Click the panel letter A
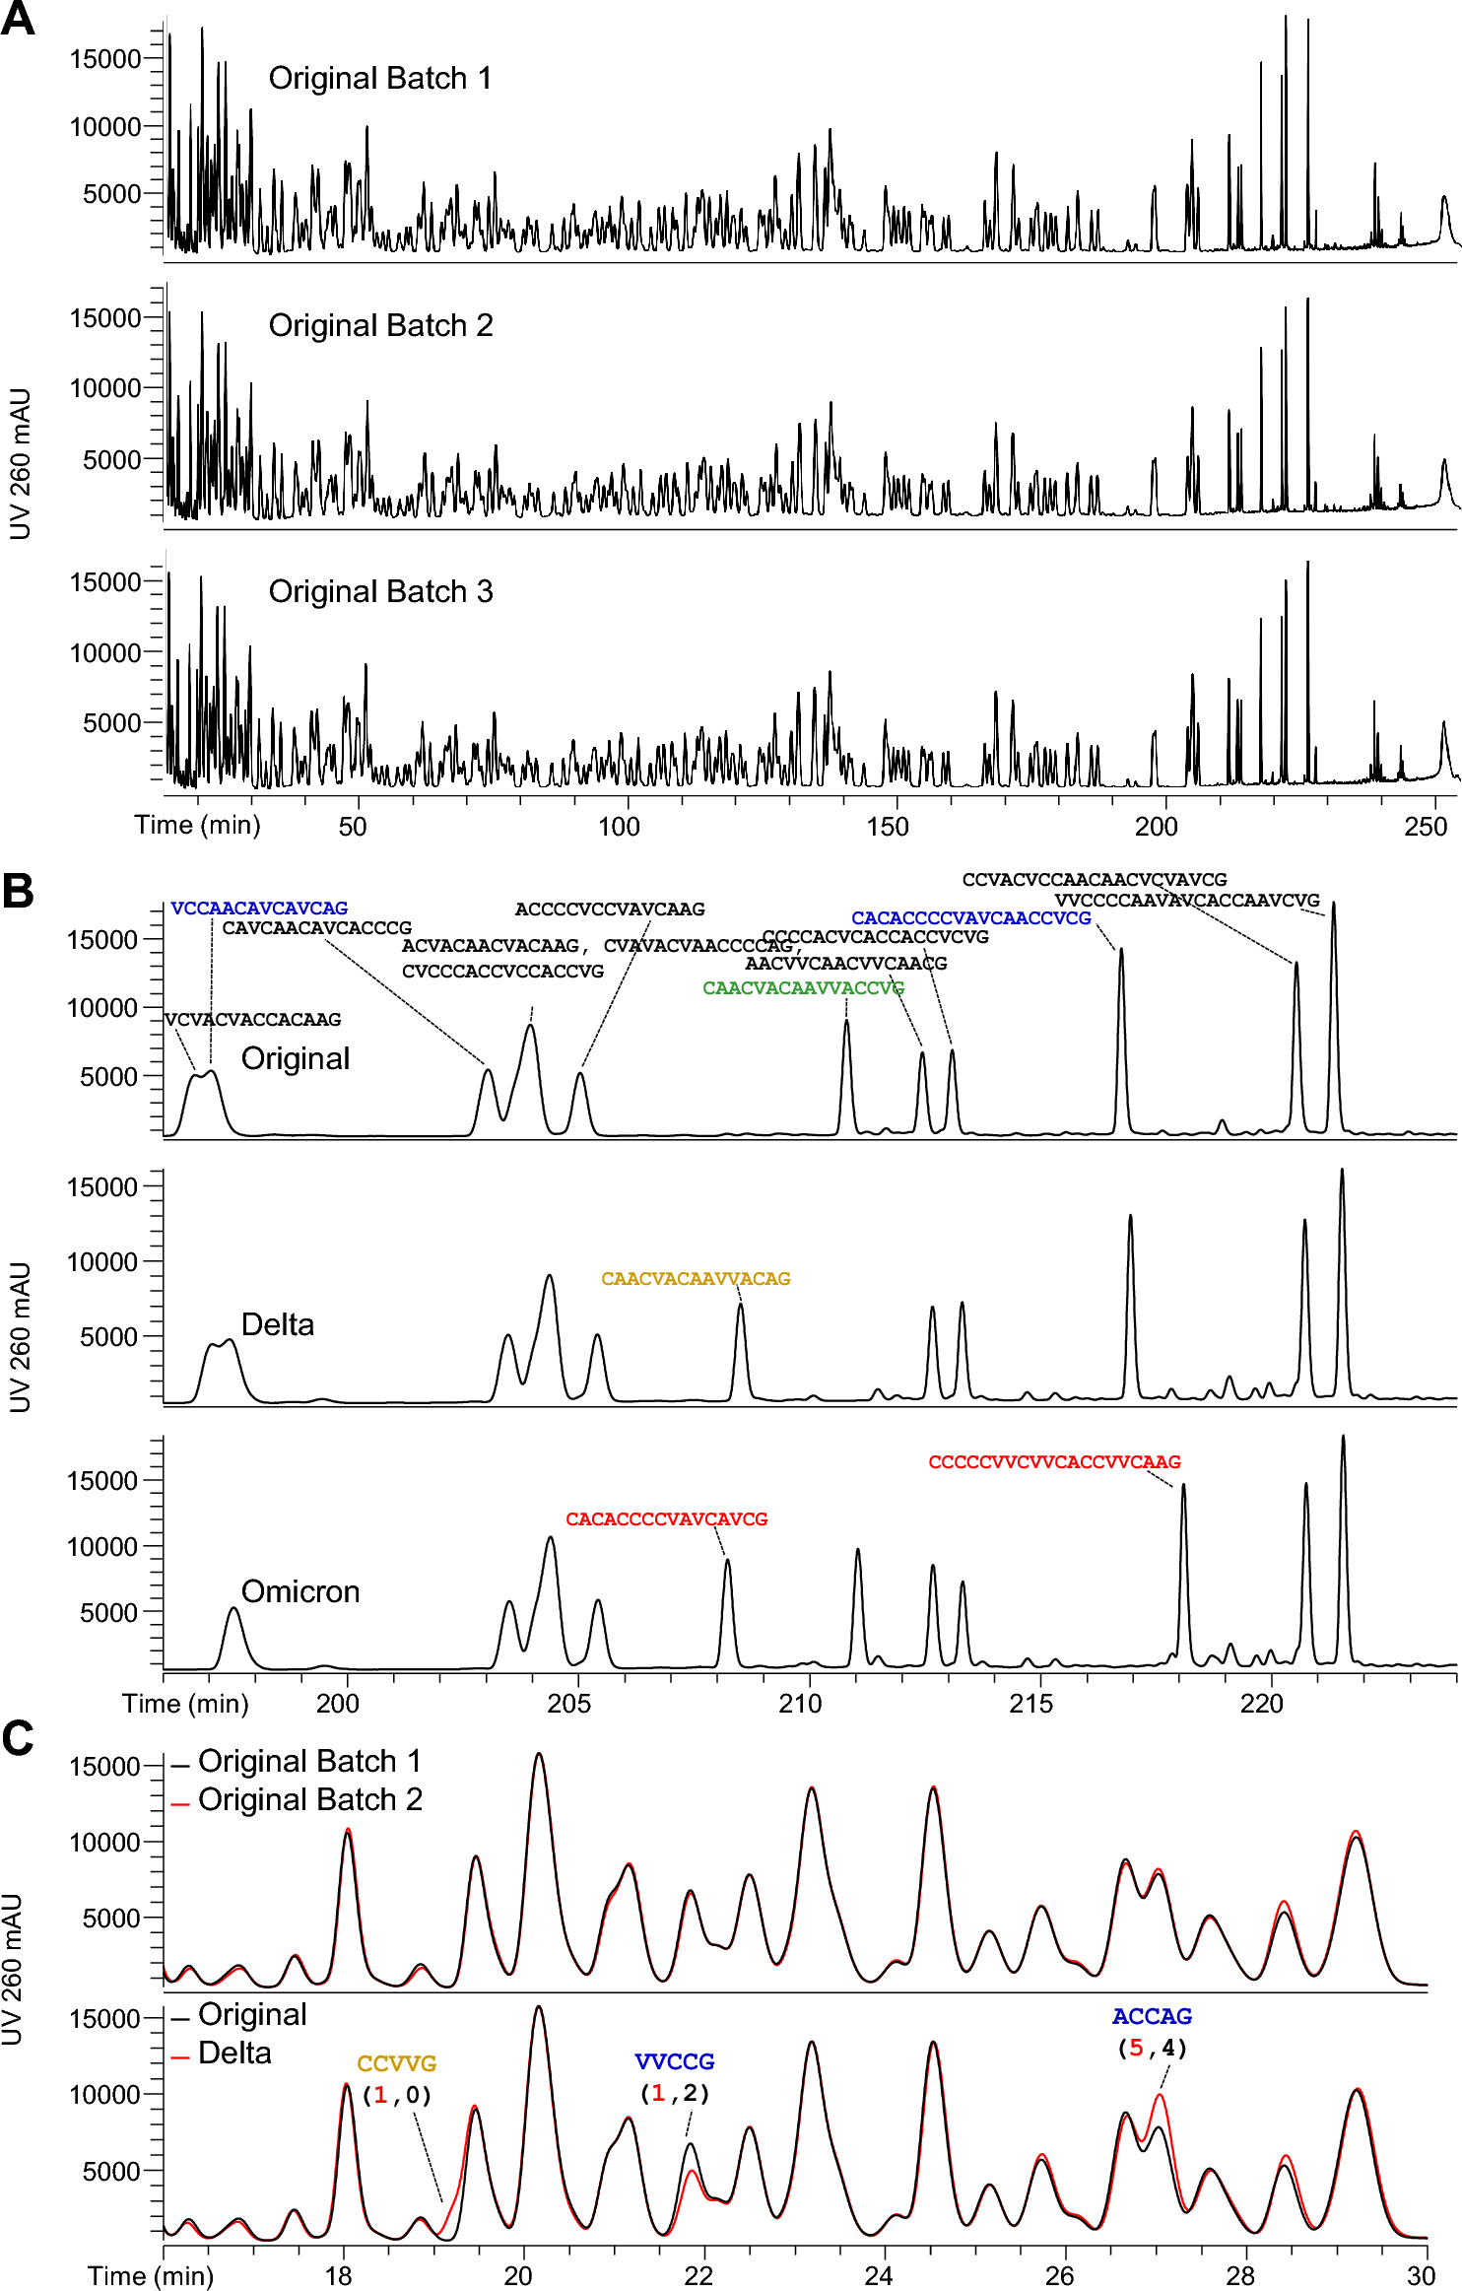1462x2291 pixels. coord(18,20)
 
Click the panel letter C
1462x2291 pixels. coord(18,1738)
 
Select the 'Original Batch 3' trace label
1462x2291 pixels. coord(380,591)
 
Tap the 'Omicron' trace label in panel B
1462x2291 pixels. coord(300,1591)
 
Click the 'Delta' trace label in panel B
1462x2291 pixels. coord(278,1324)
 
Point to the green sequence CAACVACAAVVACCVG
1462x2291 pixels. coord(803,987)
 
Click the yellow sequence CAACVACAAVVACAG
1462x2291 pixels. coord(696,1278)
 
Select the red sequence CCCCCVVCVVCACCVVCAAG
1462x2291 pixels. coord(1054,1461)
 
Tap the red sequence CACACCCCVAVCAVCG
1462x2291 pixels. coord(666,1518)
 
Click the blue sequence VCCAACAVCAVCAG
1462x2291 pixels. coord(259,908)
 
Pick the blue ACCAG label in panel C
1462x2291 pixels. coord(1152,2016)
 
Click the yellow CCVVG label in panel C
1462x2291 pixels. coord(396,2063)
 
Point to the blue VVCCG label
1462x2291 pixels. coord(674,2061)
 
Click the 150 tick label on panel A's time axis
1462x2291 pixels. coord(887,827)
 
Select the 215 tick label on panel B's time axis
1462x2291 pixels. coord(1030,1704)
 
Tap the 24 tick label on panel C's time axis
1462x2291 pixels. coord(879,2275)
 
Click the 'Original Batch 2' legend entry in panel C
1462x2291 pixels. coord(309,1799)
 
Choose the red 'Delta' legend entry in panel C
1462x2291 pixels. coord(234,2053)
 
